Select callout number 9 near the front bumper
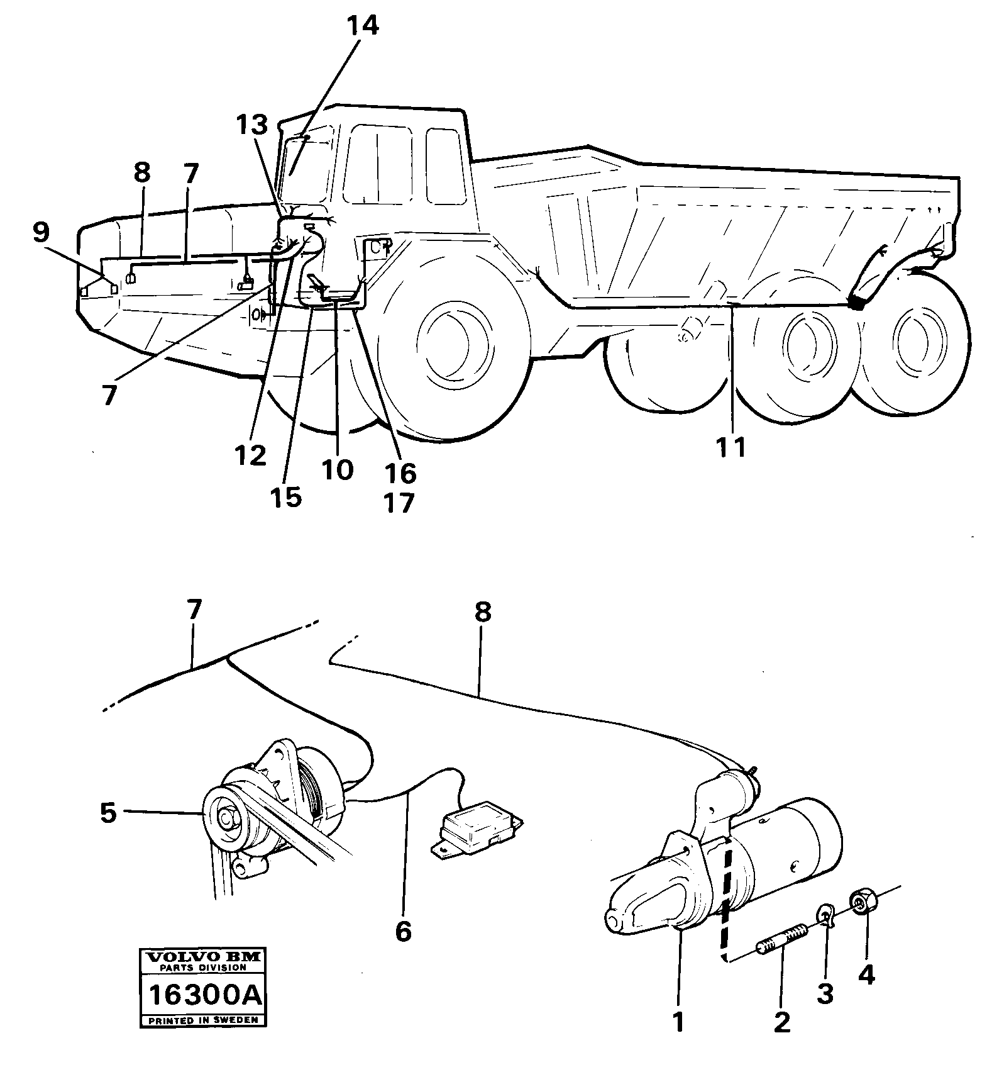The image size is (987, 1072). click(x=40, y=233)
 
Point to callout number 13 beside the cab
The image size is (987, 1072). click(x=251, y=126)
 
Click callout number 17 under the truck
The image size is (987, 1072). click(x=399, y=503)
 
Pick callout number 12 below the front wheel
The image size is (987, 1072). click(x=251, y=455)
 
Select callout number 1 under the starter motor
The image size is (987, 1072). click(x=678, y=1022)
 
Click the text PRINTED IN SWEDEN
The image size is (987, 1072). click(x=203, y=1020)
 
